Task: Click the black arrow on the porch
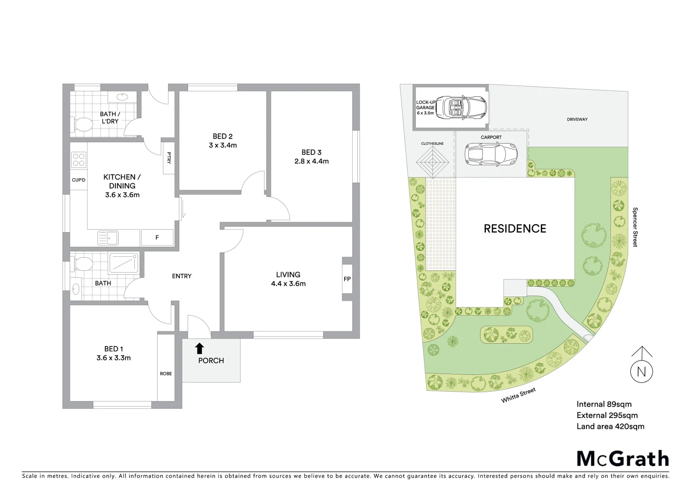click(199, 348)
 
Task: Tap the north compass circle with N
click(641, 371)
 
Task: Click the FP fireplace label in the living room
click(347, 279)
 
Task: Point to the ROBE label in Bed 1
click(166, 374)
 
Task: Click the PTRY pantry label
click(169, 157)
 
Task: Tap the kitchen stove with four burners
click(78, 159)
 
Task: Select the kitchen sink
click(108, 237)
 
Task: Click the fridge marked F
click(157, 237)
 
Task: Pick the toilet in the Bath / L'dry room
click(82, 125)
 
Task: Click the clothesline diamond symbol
click(432, 163)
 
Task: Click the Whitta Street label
click(518, 395)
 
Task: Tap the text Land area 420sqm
click(610, 426)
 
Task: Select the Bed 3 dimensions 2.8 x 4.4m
click(311, 161)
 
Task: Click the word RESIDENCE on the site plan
click(515, 229)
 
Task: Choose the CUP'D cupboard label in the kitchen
click(78, 180)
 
